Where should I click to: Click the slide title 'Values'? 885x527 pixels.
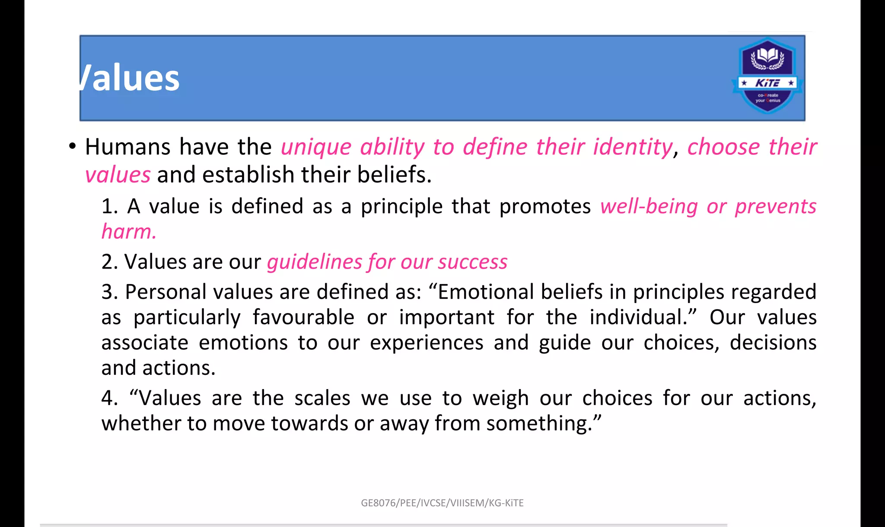click(130, 79)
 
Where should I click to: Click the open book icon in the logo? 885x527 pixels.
click(767, 56)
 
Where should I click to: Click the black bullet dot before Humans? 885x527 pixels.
click(72, 146)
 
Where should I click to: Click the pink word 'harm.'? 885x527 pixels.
click(129, 232)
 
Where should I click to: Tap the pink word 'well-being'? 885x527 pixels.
click(649, 207)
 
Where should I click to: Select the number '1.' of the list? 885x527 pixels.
click(110, 207)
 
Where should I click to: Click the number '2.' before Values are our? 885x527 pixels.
click(110, 262)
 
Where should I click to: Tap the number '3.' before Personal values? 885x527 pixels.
click(110, 292)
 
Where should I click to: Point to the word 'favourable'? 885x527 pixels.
click(303, 317)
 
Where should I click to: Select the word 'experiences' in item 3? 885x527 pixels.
click(427, 343)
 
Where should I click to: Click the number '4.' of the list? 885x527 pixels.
click(110, 398)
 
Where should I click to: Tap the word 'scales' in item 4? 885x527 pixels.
click(322, 398)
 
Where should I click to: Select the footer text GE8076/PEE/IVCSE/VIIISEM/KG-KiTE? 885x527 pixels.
click(442, 503)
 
